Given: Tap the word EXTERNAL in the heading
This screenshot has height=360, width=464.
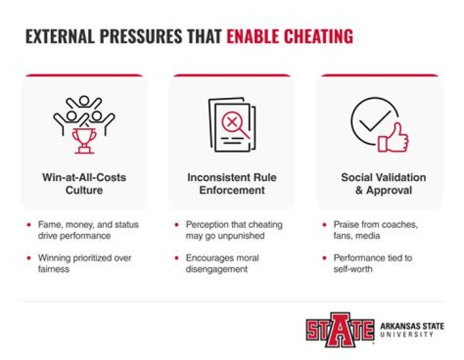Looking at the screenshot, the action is (x=60, y=36).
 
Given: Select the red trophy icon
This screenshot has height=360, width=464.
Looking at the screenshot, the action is (x=84, y=141).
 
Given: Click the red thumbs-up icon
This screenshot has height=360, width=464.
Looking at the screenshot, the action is (x=393, y=138).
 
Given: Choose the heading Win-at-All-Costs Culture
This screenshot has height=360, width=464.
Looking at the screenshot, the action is (x=84, y=184).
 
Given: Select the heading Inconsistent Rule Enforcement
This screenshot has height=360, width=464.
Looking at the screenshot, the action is (x=232, y=184).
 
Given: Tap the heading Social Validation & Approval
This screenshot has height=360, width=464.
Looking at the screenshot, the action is (x=383, y=184).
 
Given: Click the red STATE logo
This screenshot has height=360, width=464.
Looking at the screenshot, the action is (x=340, y=330).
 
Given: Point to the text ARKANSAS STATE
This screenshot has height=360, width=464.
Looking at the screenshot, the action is (x=412, y=327).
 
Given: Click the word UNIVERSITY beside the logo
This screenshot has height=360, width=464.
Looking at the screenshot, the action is (x=407, y=334).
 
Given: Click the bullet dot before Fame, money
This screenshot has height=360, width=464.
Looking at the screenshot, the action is (x=29, y=225).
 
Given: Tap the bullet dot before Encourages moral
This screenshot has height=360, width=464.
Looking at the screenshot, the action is (x=177, y=258).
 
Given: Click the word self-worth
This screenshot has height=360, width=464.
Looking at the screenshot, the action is (x=353, y=269).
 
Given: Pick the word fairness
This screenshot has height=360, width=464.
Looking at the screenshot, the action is (x=53, y=269).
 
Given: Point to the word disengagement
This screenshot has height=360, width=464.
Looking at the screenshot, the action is (x=217, y=269).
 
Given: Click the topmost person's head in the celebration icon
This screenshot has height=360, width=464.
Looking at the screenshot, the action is (x=84, y=100).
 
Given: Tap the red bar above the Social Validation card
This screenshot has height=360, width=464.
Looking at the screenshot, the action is (x=380, y=75).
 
